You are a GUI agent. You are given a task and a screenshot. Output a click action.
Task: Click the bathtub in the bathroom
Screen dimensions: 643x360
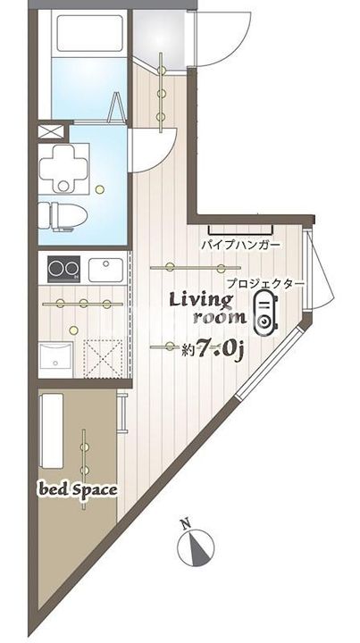pos(87,34)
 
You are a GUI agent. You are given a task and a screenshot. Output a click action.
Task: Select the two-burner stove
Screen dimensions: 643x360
pos(62,268)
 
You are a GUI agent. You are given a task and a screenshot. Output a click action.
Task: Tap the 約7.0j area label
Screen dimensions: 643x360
pos(213,349)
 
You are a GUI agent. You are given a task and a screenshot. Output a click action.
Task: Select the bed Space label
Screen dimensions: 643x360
pos(77,489)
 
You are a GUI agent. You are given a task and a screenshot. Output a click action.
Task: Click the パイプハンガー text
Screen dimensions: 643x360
pos(240,244)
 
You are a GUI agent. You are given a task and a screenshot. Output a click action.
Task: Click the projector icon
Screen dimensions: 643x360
pos(264,313)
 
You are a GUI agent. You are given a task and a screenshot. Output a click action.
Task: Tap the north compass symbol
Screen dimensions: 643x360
pos(197,547)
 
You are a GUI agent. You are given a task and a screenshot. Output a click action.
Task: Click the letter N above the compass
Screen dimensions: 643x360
pos(184,523)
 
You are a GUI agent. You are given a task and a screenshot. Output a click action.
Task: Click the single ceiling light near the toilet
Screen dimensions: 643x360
pos(100,188)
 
